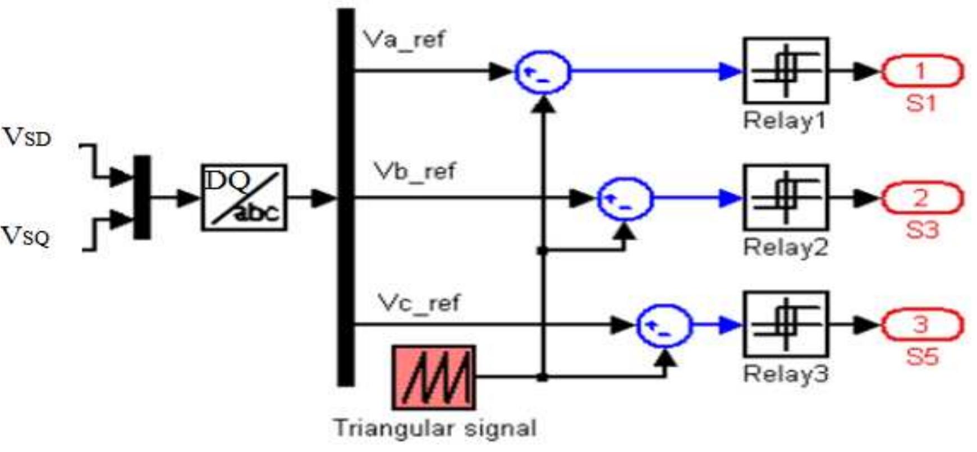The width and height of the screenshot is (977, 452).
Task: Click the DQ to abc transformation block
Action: [x=244, y=198]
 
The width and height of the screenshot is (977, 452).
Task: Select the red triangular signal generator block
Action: [x=434, y=377]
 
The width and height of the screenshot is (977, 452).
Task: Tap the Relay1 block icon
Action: [x=786, y=70]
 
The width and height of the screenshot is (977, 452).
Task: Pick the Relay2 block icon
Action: [x=786, y=197]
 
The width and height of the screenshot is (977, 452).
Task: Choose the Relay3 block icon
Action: [x=786, y=324]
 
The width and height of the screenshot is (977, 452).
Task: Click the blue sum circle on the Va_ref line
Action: [x=543, y=72]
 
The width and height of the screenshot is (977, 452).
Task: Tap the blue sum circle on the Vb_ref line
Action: [x=625, y=198]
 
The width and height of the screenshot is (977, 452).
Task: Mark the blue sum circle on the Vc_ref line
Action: [x=664, y=325]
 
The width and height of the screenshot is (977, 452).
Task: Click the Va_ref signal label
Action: [x=403, y=40]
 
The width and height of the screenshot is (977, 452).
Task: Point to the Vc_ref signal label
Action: [x=419, y=303]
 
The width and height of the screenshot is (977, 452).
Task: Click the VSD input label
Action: [x=26, y=138]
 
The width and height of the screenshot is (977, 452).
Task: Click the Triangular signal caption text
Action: [x=435, y=428]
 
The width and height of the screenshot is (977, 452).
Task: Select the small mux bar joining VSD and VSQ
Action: [x=142, y=197]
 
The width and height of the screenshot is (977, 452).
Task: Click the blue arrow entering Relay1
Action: [x=730, y=71]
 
